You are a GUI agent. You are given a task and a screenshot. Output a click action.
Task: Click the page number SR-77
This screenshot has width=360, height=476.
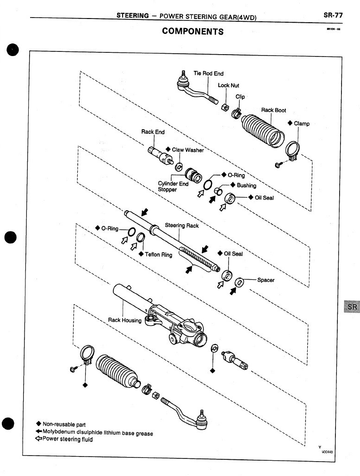(x=333, y=15)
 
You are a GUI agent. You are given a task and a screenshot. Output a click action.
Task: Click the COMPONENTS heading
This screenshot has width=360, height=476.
(x=192, y=31)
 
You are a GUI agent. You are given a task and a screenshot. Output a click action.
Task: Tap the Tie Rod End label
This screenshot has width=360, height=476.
(x=208, y=74)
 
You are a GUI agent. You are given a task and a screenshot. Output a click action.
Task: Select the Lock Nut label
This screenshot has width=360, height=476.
(x=228, y=86)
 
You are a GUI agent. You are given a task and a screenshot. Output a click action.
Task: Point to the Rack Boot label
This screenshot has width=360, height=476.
(x=273, y=110)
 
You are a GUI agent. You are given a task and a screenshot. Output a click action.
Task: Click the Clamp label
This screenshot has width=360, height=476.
(x=301, y=124)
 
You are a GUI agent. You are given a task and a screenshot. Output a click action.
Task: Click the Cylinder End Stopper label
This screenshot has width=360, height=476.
(x=174, y=187)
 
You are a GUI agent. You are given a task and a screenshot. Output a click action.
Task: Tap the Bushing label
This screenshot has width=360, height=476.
(x=246, y=185)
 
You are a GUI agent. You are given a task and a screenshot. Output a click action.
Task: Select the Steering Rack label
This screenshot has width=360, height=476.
(x=182, y=225)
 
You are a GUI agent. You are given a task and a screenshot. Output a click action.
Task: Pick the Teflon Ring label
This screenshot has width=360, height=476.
(x=158, y=255)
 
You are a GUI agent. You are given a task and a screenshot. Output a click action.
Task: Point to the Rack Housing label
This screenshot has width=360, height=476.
(x=124, y=320)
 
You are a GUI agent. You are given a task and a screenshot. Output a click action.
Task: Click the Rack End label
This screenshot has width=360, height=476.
(x=153, y=132)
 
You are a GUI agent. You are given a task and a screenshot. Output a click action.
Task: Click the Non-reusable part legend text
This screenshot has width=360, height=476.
(x=64, y=424)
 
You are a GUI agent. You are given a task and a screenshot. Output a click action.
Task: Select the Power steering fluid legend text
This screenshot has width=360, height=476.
(x=68, y=439)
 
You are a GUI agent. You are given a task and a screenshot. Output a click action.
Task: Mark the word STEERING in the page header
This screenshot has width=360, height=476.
(x=132, y=16)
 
